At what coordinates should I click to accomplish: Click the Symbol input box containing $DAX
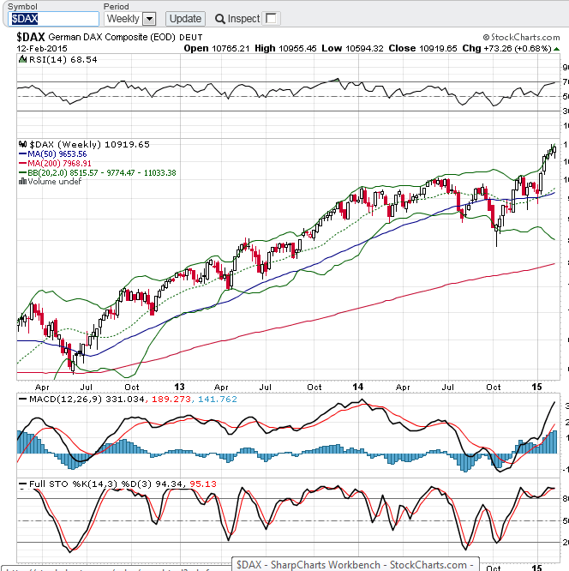coord(50,18)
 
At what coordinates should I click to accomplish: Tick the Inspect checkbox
coord(272,18)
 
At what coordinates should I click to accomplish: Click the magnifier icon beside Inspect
coord(220,18)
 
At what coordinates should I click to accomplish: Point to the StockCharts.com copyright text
coord(521,38)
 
